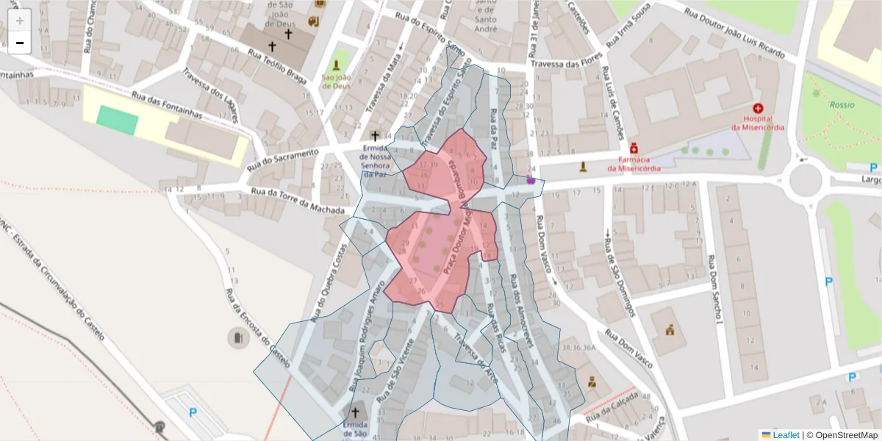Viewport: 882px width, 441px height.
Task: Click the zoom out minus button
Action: click(20, 43)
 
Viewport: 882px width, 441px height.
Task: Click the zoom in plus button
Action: click(20, 21)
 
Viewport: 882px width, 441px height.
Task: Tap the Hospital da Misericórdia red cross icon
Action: click(758, 107)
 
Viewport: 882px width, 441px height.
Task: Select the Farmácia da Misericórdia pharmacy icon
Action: click(634, 148)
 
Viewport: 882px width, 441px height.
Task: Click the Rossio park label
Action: click(842, 104)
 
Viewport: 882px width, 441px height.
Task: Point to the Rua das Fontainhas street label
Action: click(167, 104)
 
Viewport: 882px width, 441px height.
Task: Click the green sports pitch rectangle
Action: click(117, 120)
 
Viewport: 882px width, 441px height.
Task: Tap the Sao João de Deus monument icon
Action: click(337, 64)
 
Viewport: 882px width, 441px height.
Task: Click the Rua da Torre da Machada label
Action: click(298, 201)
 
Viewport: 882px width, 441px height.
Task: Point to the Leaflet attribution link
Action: click(785, 435)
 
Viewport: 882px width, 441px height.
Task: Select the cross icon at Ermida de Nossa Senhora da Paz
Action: click(375, 135)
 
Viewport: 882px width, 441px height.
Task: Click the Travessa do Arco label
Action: click(476, 359)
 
